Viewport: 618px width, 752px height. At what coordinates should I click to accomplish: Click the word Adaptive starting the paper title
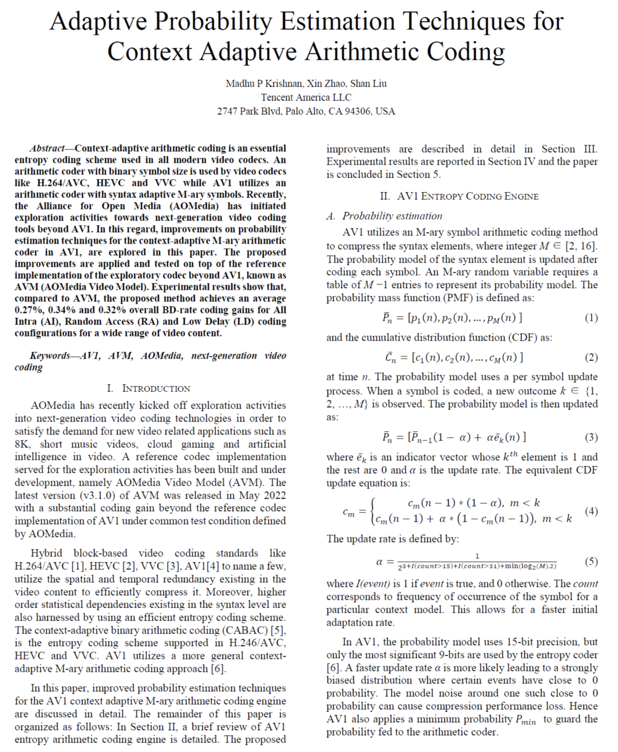(x=98, y=22)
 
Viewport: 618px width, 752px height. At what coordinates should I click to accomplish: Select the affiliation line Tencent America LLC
(x=306, y=97)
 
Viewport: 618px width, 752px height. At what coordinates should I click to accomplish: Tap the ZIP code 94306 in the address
(x=359, y=111)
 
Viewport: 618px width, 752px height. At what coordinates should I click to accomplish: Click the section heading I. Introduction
(x=148, y=388)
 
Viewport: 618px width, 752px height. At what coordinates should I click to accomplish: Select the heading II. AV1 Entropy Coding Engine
(x=459, y=196)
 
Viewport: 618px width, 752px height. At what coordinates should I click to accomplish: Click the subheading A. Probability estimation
(x=384, y=216)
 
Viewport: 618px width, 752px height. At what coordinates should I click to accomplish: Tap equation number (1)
(x=591, y=317)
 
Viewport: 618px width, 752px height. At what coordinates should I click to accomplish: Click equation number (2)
(x=591, y=357)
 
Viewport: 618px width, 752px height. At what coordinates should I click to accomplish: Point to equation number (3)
(x=591, y=437)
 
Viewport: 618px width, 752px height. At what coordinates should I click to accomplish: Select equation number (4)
(x=591, y=511)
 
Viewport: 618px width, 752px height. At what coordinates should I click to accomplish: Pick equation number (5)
(x=591, y=562)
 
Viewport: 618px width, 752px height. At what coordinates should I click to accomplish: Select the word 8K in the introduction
(x=22, y=444)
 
